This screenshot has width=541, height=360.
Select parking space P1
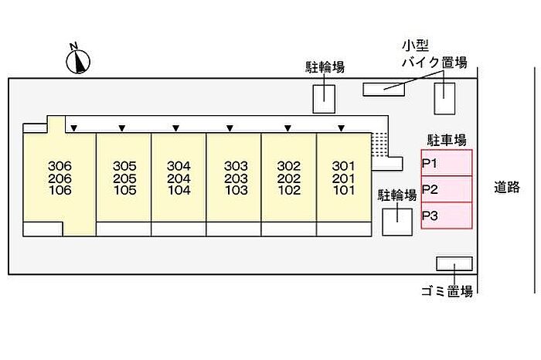pyautogui.click(x=446, y=163)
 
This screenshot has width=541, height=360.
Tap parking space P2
pyautogui.click(x=446, y=189)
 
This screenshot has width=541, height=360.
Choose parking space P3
pyautogui.click(x=446, y=216)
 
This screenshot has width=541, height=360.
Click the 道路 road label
pyautogui.click(x=507, y=187)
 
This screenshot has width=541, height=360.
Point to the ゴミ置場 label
pyautogui.click(x=447, y=290)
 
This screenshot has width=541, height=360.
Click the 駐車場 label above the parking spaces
pyautogui.click(x=447, y=140)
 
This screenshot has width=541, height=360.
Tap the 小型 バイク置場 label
pyautogui.click(x=432, y=55)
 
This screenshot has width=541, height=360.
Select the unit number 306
pyautogui.click(x=60, y=166)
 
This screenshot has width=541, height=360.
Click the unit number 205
pyautogui.click(x=124, y=178)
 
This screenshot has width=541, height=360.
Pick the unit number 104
pyautogui.click(x=179, y=190)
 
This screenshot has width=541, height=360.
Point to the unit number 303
pyautogui.click(x=235, y=166)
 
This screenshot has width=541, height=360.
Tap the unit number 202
pyautogui.click(x=289, y=178)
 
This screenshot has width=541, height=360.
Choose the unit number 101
pyautogui.click(x=343, y=190)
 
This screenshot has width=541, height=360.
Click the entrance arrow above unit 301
pyautogui.click(x=341, y=127)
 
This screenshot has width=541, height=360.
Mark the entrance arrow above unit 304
pyautogui.click(x=175, y=127)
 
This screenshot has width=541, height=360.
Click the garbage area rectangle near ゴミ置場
pyautogui.click(x=454, y=263)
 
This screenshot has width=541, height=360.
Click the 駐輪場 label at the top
pyautogui.click(x=324, y=67)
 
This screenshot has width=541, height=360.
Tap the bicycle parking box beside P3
pyautogui.click(x=398, y=222)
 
